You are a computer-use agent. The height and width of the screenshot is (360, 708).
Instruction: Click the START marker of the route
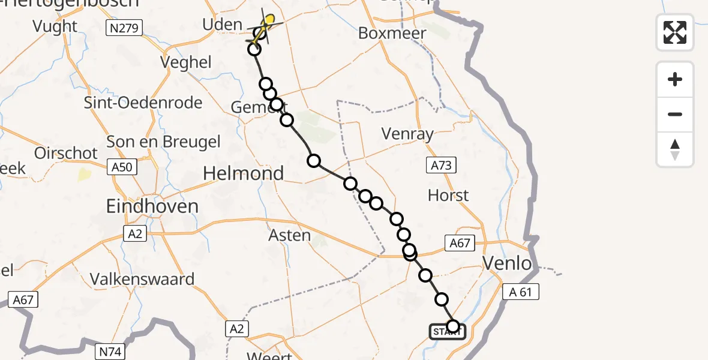point(447,332)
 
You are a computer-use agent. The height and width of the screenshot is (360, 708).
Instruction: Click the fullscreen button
point(675,32)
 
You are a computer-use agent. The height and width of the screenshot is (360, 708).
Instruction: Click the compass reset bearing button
point(675,149)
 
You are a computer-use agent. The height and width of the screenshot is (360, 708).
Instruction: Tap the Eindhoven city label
point(152,206)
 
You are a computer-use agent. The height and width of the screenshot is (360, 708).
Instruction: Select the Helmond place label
point(243,173)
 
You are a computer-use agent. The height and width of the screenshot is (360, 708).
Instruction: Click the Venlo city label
point(508,263)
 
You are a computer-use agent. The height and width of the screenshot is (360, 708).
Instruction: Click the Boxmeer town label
point(392,33)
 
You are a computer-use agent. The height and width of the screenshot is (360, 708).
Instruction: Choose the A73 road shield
point(442,166)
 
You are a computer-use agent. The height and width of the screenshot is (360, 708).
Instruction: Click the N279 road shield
point(125,28)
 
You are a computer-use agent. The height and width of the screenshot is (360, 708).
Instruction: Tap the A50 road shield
point(122,167)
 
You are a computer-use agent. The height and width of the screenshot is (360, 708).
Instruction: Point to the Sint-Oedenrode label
point(143,103)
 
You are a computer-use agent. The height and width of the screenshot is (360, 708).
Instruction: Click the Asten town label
point(290,235)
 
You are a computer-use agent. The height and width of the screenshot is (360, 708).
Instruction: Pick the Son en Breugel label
point(163,142)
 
